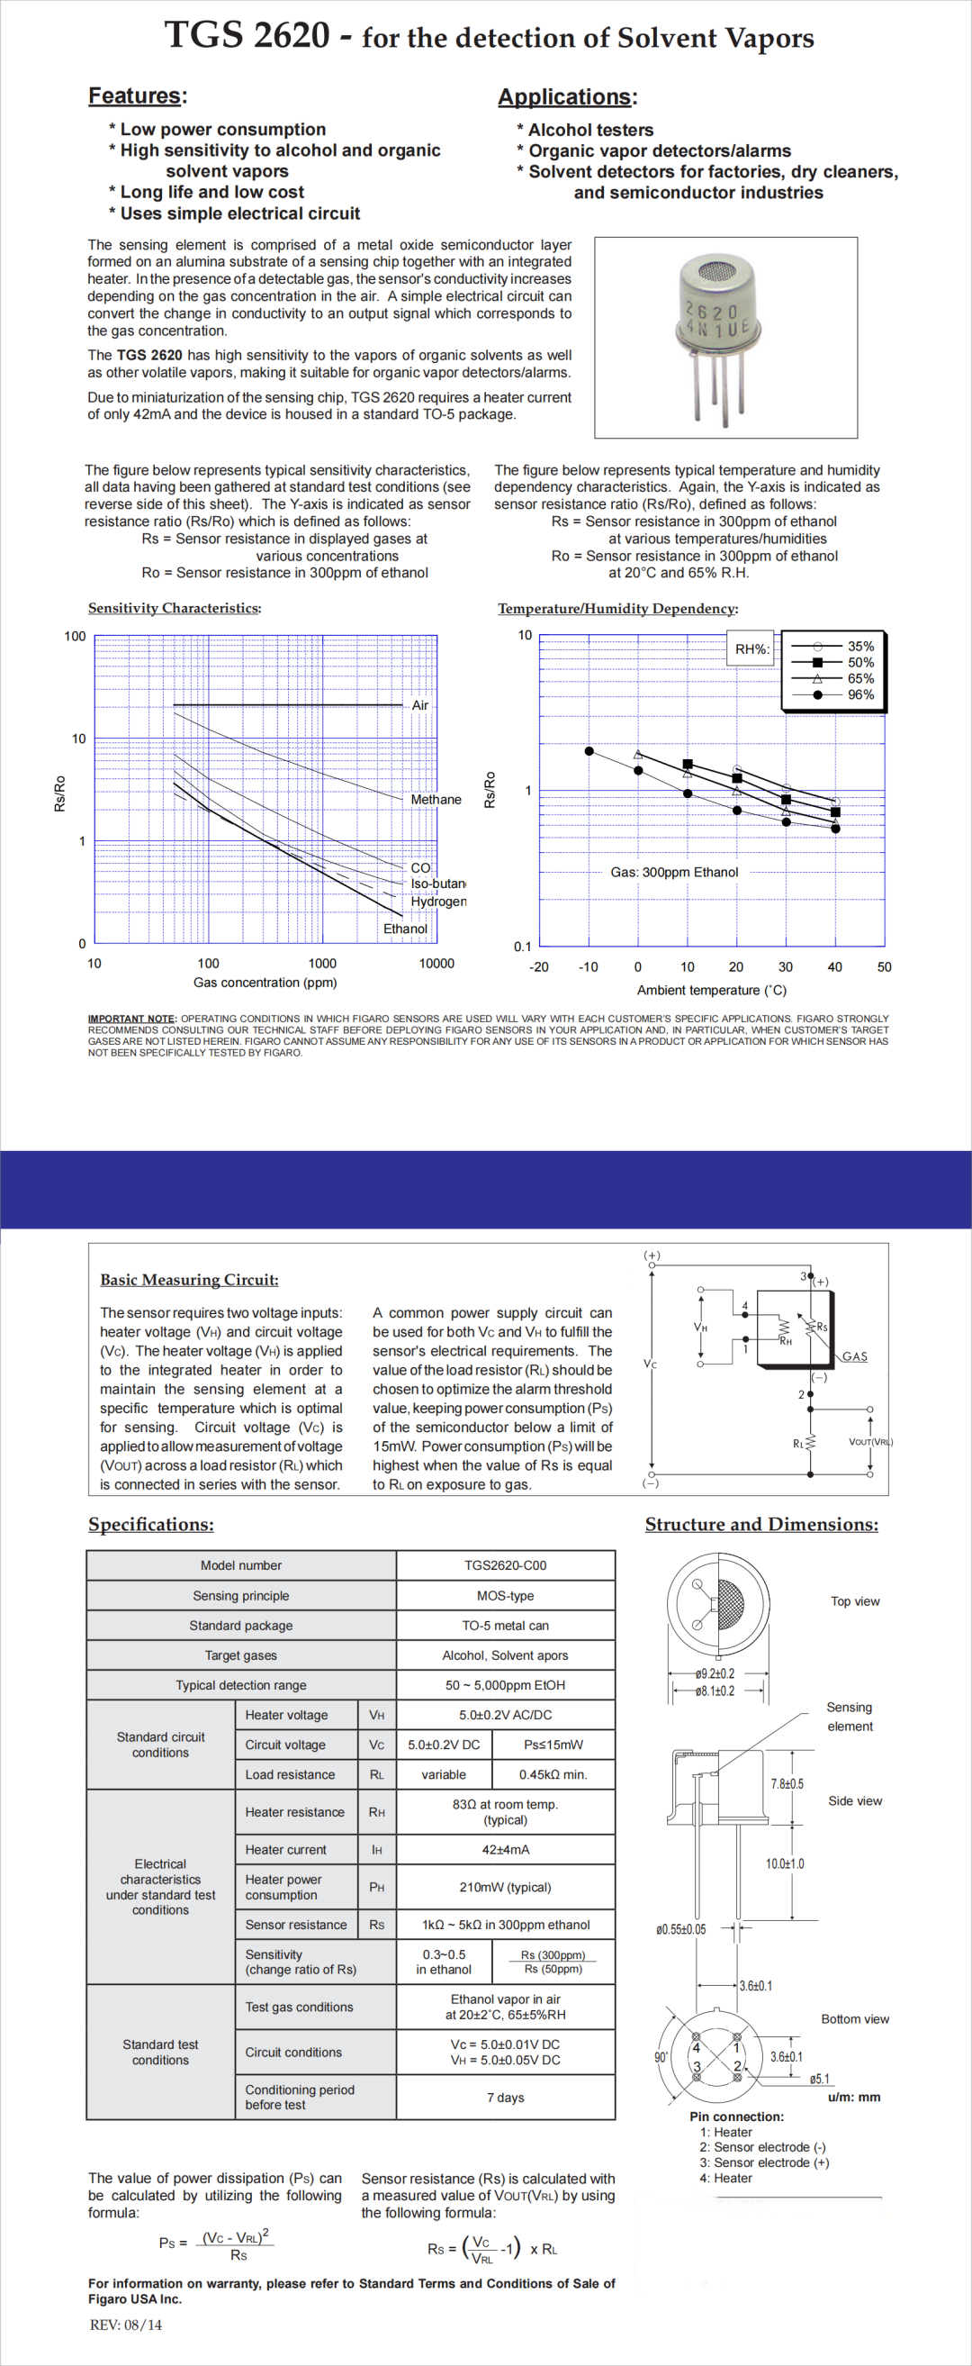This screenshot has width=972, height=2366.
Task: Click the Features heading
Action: pyautogui.click(x=134, y=95)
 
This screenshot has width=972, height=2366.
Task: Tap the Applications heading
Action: pyautogui.click(x=564, y=96)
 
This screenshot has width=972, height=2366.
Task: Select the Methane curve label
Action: pyautogui.click(x=436, y=800)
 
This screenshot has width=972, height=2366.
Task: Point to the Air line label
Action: pyautogui.click(x=419, y=705)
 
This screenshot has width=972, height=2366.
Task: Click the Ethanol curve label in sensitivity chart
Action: pyautogui.click(x=405, y=929)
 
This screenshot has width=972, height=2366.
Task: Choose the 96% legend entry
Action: pyautogui.click(x=860, y=694)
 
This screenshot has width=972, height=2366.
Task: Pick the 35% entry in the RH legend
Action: pyautogui.click(x=860, y=647)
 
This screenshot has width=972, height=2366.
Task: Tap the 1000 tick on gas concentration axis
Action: pyautogui.click(x=322, y=964)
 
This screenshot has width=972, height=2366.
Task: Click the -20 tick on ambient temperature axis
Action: pyautogui.click(x=539, y=967)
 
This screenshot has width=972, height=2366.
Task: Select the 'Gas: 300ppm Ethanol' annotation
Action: pyautogui.click(x=674, y=873)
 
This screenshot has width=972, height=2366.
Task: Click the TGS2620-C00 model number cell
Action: pyautogui.click(x=505, y=1565)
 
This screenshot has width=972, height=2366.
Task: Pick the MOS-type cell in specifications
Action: pyautogui.click(x=505, y=1595)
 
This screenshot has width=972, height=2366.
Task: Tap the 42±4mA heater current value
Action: pyautogui.click(x=505, y=1850)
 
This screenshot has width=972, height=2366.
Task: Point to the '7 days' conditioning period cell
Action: pyautogui.click(x=505, y=2097)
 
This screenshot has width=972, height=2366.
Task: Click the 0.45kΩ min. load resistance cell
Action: pyautogui.click(x=553, y=1774)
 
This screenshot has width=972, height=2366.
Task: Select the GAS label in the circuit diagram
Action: pyautogui.click(x=854, y=1356)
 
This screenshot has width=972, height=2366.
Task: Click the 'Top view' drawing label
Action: pyautogui.click(x=854, y=1601)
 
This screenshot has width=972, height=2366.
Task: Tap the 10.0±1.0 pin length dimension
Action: pyautogui.click(x=785, y=1863)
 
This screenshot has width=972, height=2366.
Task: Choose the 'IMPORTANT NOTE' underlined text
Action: pyautogui.click(x=131, y=1019)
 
